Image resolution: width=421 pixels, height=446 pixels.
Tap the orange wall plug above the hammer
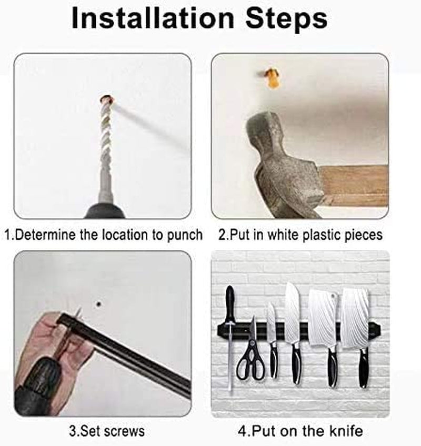[x=272, y=77]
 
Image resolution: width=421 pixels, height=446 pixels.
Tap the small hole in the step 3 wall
[x=98, y=303]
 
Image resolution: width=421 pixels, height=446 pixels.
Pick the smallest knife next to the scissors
[x=272, y=337]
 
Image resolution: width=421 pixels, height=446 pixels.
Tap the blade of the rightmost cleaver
[x=355, y=316]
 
